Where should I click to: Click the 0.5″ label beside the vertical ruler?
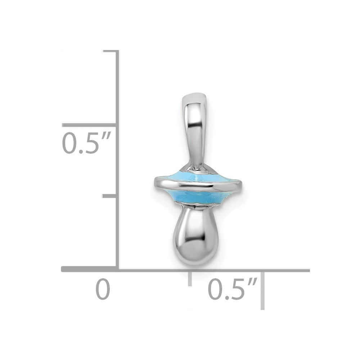pyautogui.click(x=87, y=143)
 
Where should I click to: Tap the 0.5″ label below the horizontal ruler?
pyautogui.click(x=232, y=289)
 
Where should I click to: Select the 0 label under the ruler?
pyautogui.click(x=103, y=289)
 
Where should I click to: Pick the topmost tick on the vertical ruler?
pyautogui.click(x=111, y=51)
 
